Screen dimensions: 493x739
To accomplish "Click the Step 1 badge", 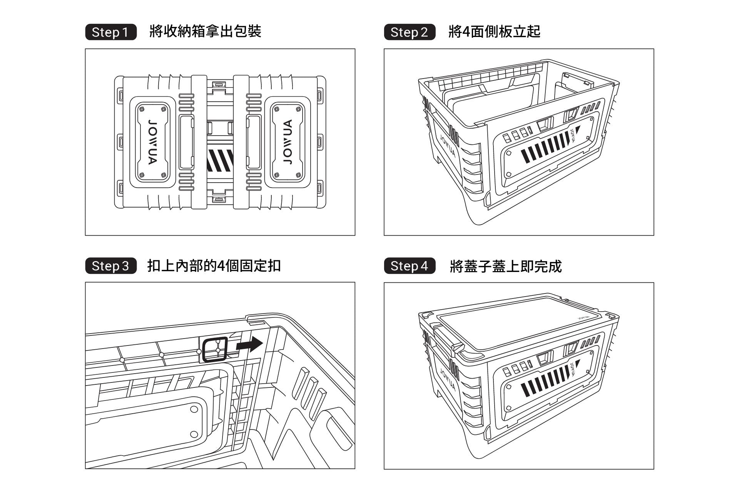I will point(111,32).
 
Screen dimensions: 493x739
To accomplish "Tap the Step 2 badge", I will point(410,32).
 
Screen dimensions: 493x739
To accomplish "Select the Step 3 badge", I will point(111,266).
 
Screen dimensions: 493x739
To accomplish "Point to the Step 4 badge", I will point(410,266).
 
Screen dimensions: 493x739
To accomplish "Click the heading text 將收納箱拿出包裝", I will point(205,32).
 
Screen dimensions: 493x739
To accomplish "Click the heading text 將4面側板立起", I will point(494,32).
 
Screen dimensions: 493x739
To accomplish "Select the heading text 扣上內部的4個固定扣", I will point(214,266).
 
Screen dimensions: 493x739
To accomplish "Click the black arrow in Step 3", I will point(249,344).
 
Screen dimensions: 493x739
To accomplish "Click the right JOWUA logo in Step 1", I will point(288,142).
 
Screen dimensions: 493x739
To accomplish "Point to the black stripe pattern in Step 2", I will point(545,147).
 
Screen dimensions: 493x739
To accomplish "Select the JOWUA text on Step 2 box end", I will point(448,146).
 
